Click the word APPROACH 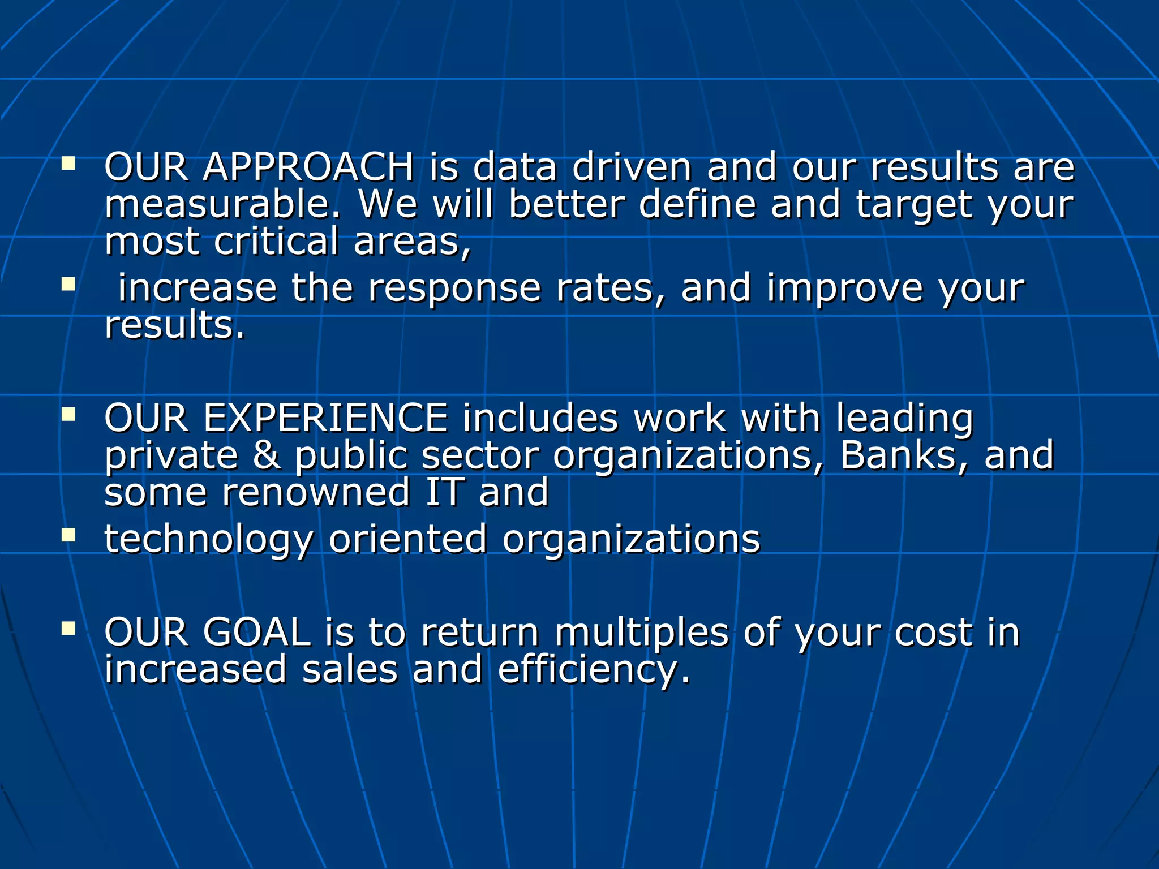coord(308,167)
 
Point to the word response coord(454,289)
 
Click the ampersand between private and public coord(267,455)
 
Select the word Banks coord(887,455)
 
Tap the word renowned coord(316,492)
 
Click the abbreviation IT coord(445,492)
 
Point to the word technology coord(208,539)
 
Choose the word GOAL coord(256,633)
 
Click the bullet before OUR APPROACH coord(68,164)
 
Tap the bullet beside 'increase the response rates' coord(68,284)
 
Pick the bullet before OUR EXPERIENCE coord(68,415)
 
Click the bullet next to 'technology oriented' coord(68,535)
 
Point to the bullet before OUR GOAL coord(68,629)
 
